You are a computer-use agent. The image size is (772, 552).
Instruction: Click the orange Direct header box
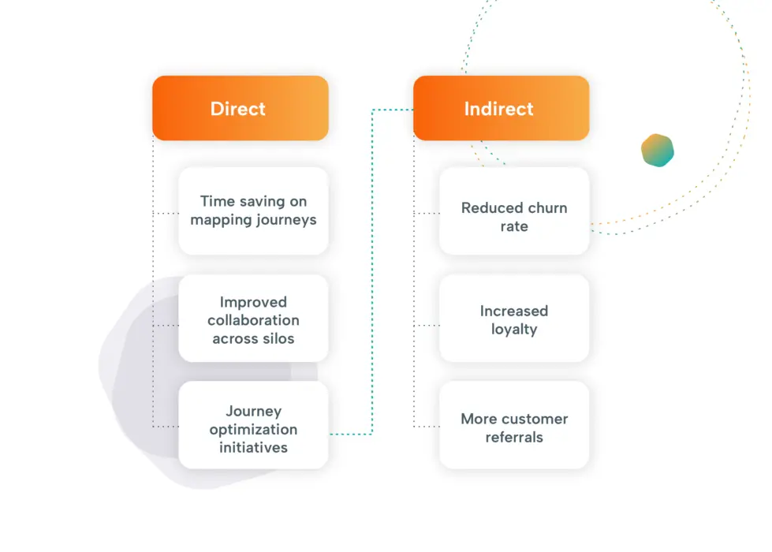pos(240,108)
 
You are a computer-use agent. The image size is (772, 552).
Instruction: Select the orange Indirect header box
pos(501,108)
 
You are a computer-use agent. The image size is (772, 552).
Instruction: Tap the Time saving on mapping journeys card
pos(253,211)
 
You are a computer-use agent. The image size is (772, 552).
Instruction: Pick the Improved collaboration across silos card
pos(253,320)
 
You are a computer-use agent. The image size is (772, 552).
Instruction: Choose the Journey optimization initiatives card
pos(253,429)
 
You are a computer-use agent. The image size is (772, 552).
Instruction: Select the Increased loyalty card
pos(514,320)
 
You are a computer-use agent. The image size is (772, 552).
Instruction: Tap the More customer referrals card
pos(514,427)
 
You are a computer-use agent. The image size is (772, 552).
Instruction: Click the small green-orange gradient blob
pos(657,150)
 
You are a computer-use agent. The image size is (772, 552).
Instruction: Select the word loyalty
pos(514,330)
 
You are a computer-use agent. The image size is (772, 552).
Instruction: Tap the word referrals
pos(514,438)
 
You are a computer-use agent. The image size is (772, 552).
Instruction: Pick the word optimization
pos(253,430)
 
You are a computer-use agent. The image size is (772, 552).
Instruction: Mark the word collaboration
pos(253,321)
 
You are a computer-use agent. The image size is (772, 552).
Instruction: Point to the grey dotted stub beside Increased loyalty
pos(426,325)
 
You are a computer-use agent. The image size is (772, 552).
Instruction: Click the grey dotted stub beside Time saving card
pos(165,213)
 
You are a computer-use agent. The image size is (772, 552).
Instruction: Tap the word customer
pos(535,419)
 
